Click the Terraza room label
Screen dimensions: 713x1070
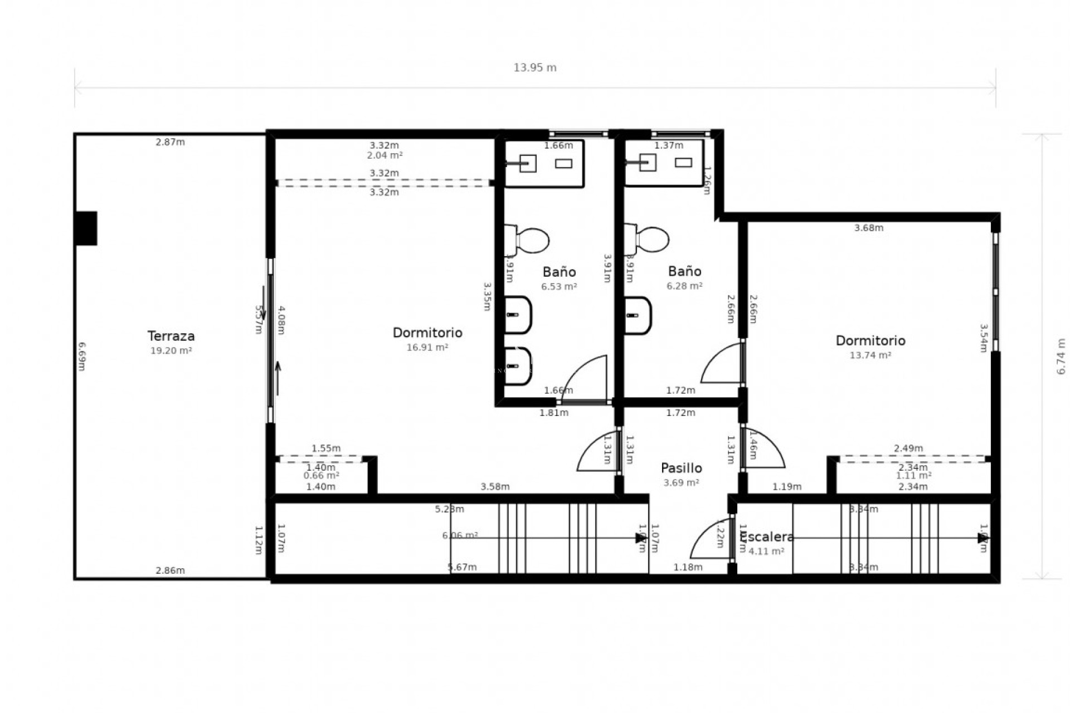click(x=171, y=336)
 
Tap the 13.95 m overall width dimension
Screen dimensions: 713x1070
click(x=534, y=68)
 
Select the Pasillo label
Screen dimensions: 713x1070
click(x=681, y=468)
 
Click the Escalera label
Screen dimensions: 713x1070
click(x=767, y=537)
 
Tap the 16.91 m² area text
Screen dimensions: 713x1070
click(x=427, y=347)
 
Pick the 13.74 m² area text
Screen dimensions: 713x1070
click(x=870, y=355)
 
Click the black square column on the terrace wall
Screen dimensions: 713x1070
click(x=86, y=228)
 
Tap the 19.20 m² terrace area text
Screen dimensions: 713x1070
click(x=171, y=350)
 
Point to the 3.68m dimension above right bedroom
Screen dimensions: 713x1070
click(x=869, y=228)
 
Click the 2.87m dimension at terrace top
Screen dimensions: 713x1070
click(x=170, y=142)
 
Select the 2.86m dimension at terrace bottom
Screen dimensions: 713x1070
click(x=170, y=570)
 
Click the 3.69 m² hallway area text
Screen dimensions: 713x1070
click(x=681, y=482)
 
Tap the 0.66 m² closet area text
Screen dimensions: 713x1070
click(x=321, y=476)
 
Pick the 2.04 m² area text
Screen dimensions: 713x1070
click(x=385, y=155)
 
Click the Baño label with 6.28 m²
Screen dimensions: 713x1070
click(x=684, y=271)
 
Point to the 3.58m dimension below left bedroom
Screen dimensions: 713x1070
click(x=495, y=487)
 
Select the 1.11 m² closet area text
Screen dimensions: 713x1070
click(x=913, y=476)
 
